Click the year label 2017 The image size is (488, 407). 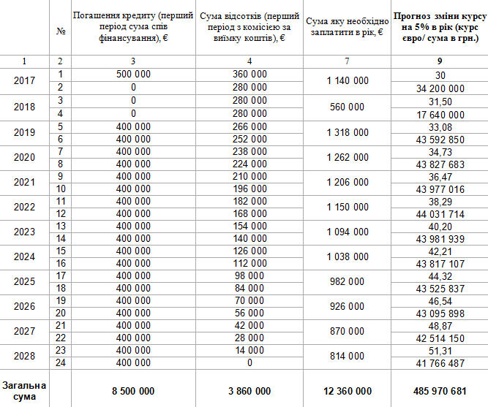click(24, 80)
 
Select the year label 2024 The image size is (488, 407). click(24, 256)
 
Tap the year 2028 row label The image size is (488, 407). click(24, 356)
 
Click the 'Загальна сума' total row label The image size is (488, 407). click(24, 391)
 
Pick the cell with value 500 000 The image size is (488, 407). click(133, 75)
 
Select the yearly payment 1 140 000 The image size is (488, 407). click(347, 80)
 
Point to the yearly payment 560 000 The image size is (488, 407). click(347, 107)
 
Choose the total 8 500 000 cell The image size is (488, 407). click(133, 391)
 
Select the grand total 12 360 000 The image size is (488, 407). click(347, 391)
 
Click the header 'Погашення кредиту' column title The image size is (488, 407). click(133, 27)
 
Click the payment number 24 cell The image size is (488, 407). click(61, 362)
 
